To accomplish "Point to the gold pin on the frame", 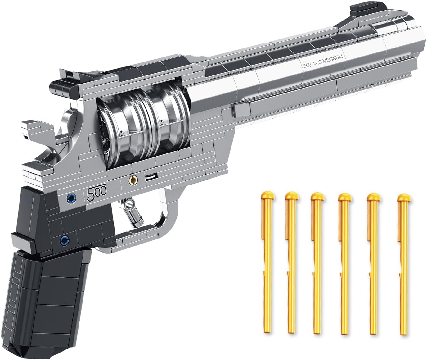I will click(133, 179).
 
